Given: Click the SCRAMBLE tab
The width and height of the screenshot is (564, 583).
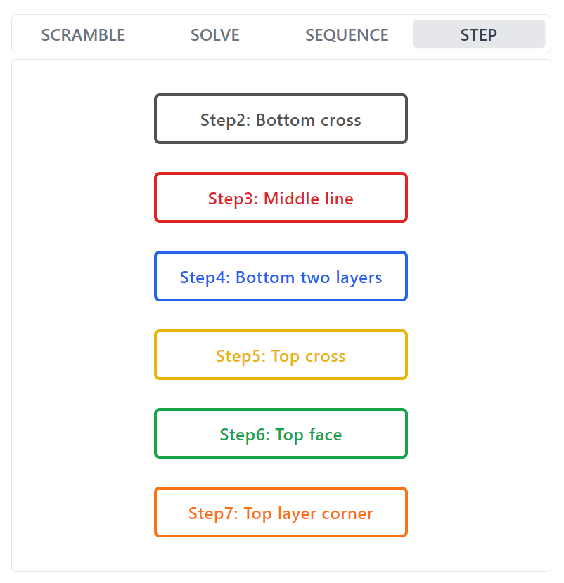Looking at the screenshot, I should pos(83,34).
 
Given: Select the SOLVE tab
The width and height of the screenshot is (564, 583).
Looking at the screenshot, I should pos(215,34).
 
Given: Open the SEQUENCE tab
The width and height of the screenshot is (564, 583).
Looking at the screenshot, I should pos(347,34).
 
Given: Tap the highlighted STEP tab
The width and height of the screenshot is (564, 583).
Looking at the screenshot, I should pos(479,34).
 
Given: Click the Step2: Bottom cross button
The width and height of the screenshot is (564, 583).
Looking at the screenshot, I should pos(281,119).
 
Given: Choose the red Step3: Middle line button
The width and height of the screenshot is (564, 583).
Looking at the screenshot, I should pos(281,198).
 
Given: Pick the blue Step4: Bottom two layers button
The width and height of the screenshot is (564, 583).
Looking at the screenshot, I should pos(281,277).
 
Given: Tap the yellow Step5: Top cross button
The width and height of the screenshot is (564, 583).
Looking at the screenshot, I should pos(281,355).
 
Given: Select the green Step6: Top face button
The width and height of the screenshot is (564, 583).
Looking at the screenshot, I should pos(281,434).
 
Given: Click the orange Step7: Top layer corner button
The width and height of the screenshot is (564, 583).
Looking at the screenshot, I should pos(281,513).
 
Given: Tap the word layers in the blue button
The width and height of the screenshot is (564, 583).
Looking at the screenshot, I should pos(358,277).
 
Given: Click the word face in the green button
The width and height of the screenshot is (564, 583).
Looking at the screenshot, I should pos(324,435).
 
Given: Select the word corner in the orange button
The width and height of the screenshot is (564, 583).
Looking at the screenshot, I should pos(347,513).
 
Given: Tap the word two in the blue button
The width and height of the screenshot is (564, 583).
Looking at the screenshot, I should pos(316,277).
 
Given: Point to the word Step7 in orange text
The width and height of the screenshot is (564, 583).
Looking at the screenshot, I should pos(213,513).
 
